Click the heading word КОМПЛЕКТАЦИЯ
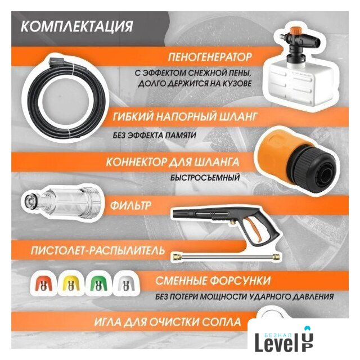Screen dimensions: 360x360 [x=77, y=26]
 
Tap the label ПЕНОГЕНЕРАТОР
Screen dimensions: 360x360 [x=210, y=57]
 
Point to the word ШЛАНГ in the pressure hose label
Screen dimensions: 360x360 [x=237, y=116]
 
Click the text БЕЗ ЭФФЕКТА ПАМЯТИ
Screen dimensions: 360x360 [x=154, y=135]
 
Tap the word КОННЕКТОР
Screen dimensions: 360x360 [x=136, y=162]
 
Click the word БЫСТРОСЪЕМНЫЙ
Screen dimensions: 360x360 [x=205, y=178]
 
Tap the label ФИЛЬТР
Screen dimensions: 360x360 [x=130, y=205]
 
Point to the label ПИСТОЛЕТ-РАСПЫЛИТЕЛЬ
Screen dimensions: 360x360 [x=98, y=250]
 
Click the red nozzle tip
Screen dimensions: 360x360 [x=43, y=284]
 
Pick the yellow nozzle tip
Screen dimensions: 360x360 [x=70, y=284]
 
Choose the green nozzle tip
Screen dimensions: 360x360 [x=98, y=284]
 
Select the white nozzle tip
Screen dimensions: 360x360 [x=125, y=284]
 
